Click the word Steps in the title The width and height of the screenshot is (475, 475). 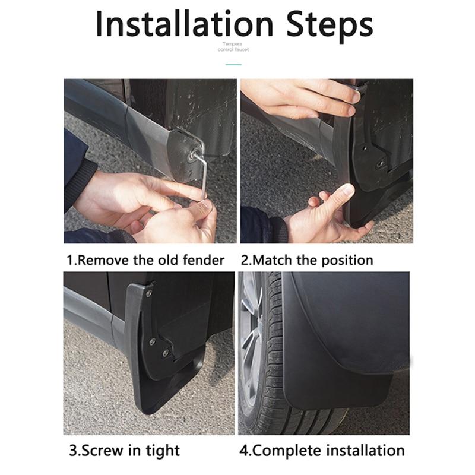[x=321, y=25]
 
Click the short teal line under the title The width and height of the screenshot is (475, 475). [x=236, y=58]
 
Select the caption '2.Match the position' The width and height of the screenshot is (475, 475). [x=306, y=260]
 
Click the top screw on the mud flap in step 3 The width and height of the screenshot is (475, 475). [x=148, y=293]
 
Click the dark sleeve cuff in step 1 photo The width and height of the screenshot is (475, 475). [x=80, y=184]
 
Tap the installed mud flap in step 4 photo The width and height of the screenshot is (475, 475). [x=338, y=350]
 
